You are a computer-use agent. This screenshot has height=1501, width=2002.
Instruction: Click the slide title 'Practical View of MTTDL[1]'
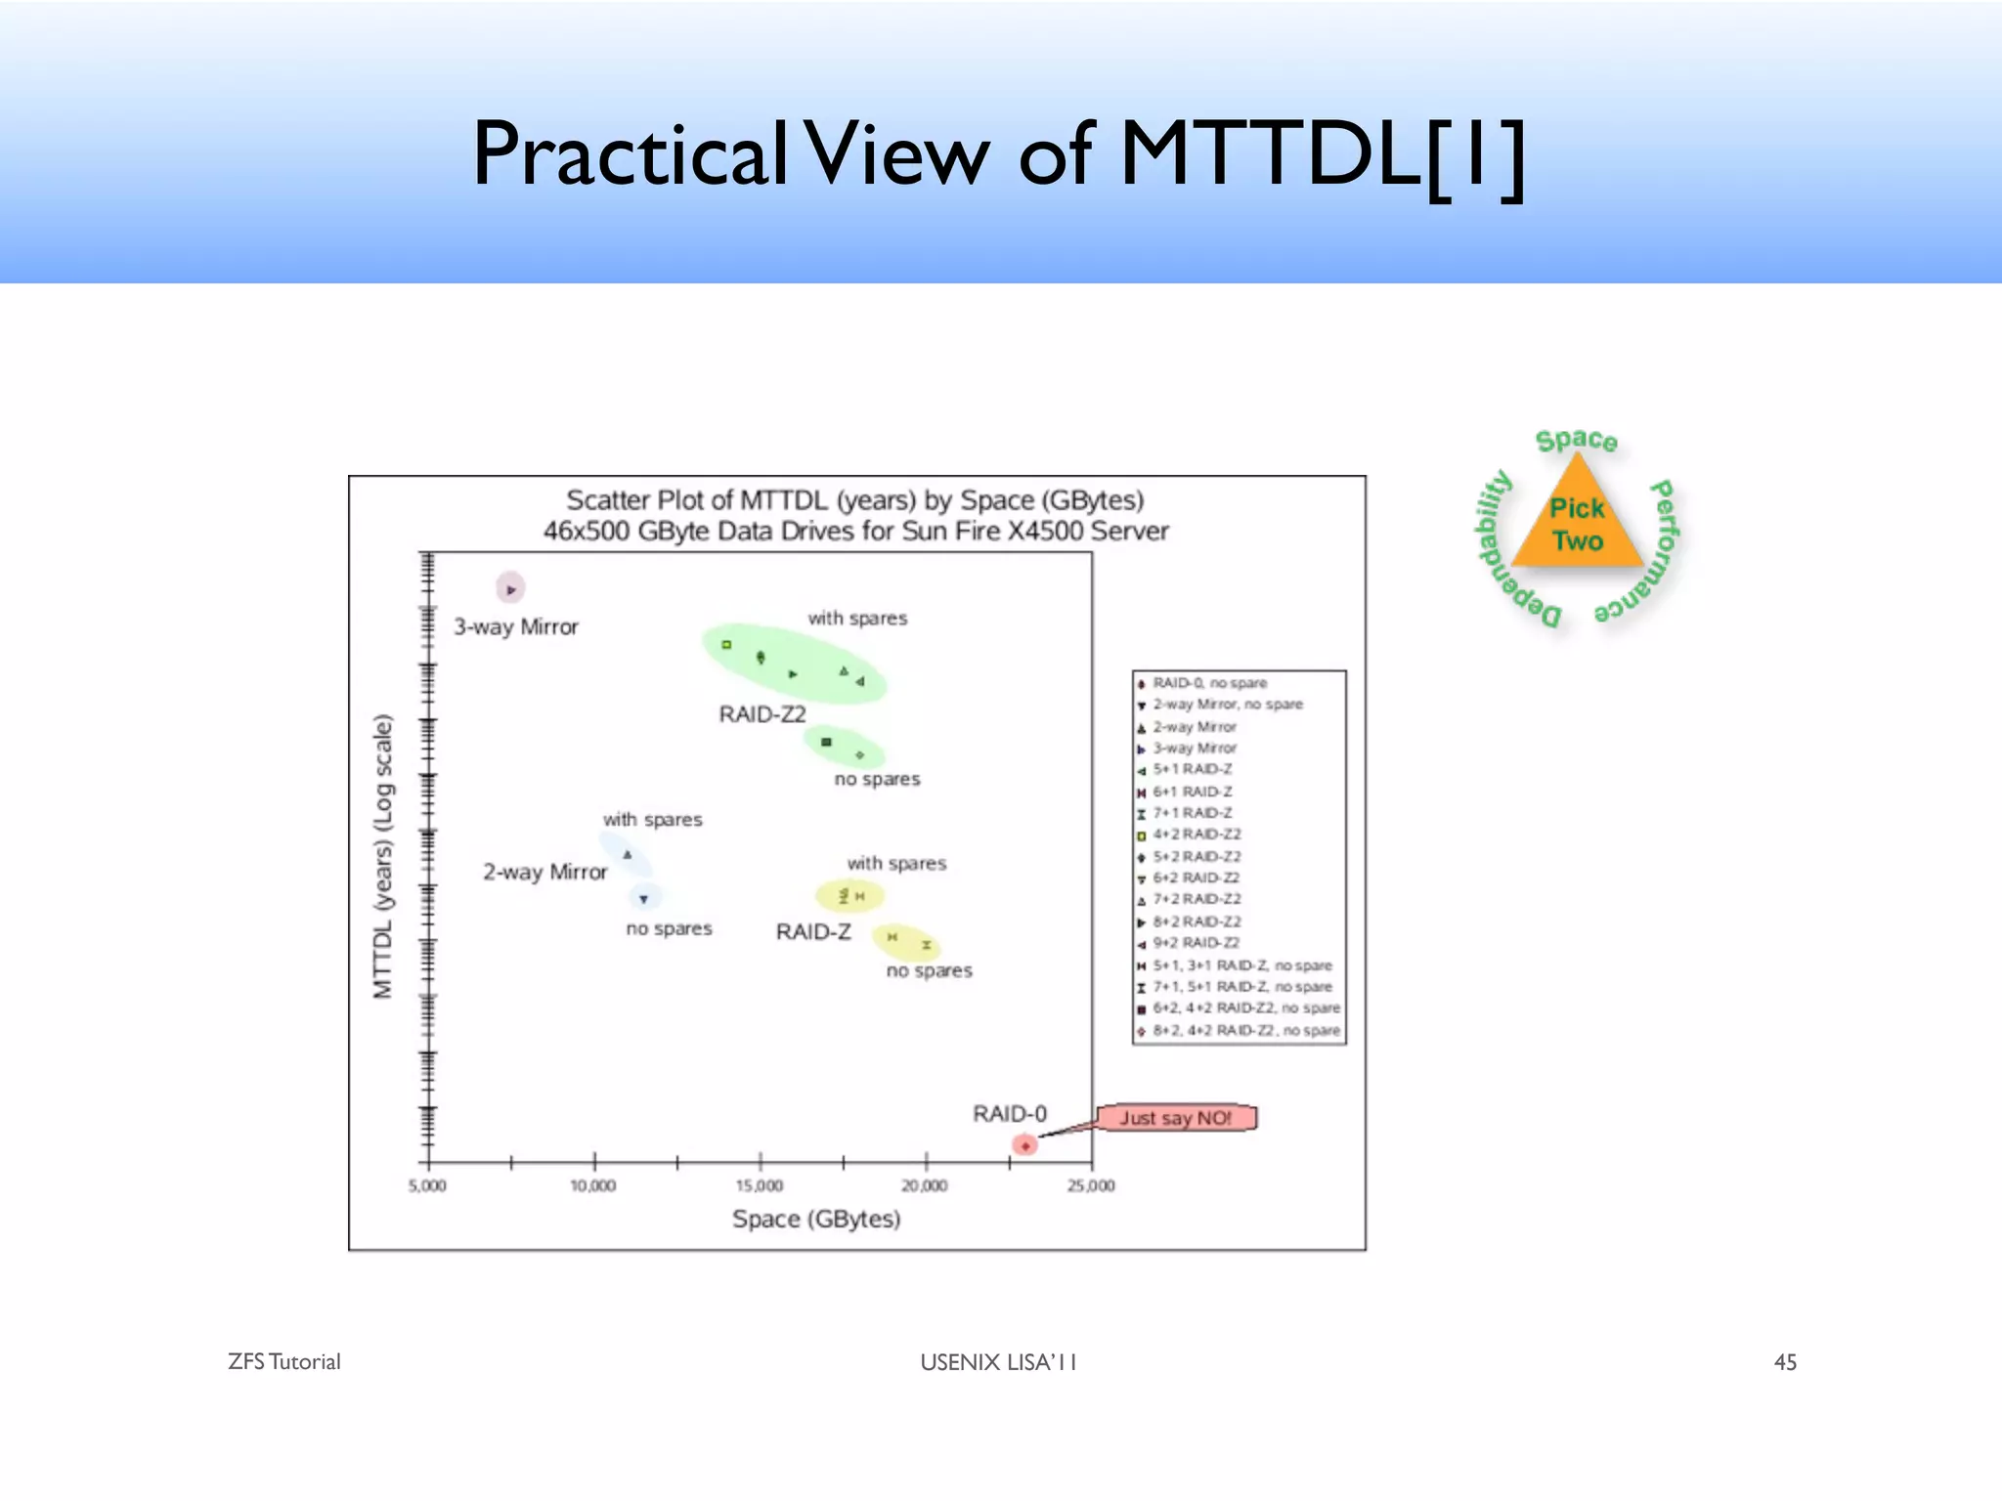(997, 154)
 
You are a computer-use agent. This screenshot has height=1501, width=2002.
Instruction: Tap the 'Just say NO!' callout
(1175, 1117)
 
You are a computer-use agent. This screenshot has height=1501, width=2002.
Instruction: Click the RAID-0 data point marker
(1024, 1144)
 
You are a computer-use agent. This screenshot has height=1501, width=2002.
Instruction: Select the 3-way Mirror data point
(510, 589)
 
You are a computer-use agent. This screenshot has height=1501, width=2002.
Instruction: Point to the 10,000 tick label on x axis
(592, 1185)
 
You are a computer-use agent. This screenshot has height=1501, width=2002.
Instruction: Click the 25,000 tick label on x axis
(1091, 1185)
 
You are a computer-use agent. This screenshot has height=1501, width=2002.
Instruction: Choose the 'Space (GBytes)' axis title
(816, 1219)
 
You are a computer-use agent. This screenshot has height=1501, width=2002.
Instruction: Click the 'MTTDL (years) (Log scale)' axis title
(383, 857)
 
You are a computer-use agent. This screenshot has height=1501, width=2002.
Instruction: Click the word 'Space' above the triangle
(1576, 441)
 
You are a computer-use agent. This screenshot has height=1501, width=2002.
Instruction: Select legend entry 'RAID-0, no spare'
(1209, 683)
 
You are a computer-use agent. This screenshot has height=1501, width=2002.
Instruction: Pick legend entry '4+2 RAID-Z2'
(1197, 835)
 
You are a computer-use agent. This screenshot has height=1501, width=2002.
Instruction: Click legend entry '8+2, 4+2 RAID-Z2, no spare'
(1245, 1030)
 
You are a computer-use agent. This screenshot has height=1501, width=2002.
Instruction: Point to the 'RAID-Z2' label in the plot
(762, 714)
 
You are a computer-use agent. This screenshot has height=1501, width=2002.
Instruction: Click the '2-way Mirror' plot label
(544, 872)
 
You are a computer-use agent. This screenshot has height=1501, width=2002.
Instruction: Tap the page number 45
(1785, 1362)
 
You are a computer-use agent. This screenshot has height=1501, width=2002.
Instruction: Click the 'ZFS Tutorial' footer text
(283, 1362)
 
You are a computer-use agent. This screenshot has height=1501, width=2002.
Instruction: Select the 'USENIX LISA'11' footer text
(998, 1362)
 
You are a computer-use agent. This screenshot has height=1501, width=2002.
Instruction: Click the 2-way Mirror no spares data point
(643, 898)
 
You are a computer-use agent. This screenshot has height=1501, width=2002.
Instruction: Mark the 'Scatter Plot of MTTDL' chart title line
(855, 500)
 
